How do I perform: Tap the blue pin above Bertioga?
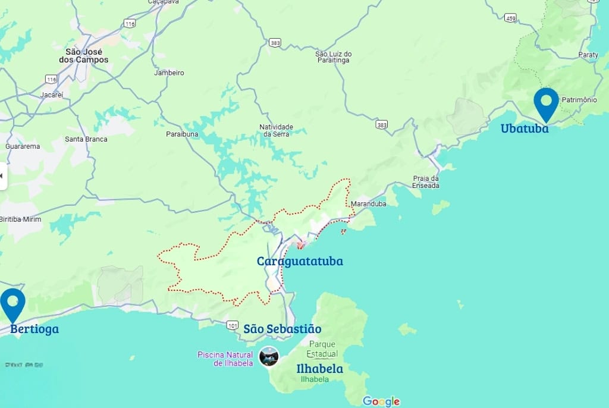point(12,304)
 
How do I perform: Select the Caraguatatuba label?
point(300,261)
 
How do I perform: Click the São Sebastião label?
point(282,329)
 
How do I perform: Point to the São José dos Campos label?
point(84,56)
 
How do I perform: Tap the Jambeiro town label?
point(169,73)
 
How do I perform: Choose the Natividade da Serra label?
point(276,130)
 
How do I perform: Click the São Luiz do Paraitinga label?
point(334,57)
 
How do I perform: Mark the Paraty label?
point(588,55)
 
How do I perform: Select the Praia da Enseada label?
point(426,182)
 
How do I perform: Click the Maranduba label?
point(369,204)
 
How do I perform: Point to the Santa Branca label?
point(86,139)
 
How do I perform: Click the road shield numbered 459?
point(510,18)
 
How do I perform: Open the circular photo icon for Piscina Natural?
point(269,356)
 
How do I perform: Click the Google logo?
point(381,401)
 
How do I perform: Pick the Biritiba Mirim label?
point(20,219)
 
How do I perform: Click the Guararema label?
point(23,146)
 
